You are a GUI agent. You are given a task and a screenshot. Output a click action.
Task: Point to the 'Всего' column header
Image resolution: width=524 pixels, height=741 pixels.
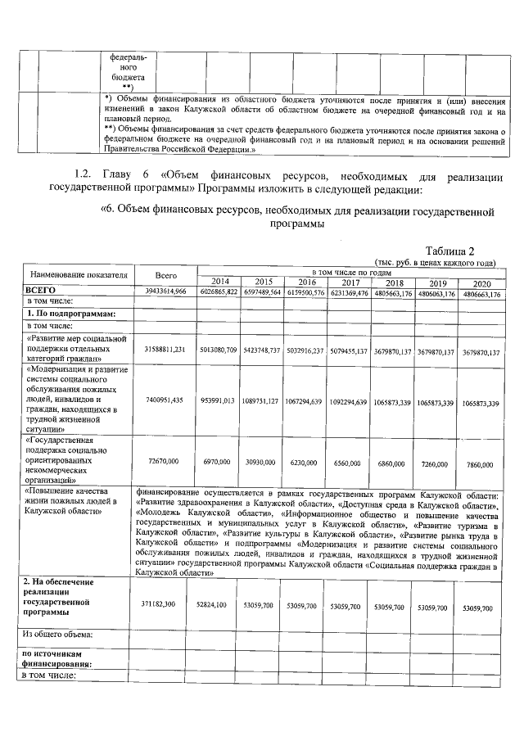[166, 276]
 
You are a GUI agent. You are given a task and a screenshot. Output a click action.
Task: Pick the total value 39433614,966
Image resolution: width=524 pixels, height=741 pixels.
[166, 291]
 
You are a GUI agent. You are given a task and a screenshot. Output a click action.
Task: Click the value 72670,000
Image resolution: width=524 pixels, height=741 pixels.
[166, 463]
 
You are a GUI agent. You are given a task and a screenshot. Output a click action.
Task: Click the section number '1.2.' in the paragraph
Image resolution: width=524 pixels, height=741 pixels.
[84, 175]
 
